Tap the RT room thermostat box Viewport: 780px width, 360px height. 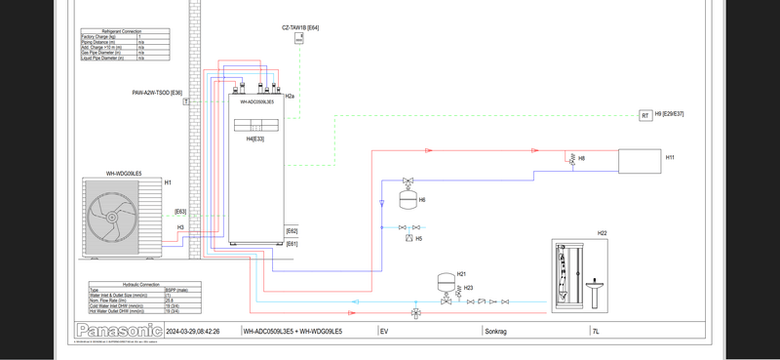coord(645,115)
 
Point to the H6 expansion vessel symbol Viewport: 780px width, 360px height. coord(408,199)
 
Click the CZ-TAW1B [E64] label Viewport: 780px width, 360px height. coord(300,27)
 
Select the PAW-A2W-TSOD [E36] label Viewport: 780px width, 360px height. coord(157,93)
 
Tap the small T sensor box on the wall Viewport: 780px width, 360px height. coord(185,101)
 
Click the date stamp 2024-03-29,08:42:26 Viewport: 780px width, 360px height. coord(193,332)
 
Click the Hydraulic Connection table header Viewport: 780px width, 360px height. coord(124,284)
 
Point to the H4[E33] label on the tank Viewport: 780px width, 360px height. coord(255,139)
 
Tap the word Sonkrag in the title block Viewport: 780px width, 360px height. coord(496,332)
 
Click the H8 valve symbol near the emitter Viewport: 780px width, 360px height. coord(571,159)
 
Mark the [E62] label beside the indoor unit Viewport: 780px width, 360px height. coord(292,231)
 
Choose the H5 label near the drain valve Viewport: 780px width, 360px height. coord(419,238)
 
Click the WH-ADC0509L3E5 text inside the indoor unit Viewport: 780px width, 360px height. coord(256,100)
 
